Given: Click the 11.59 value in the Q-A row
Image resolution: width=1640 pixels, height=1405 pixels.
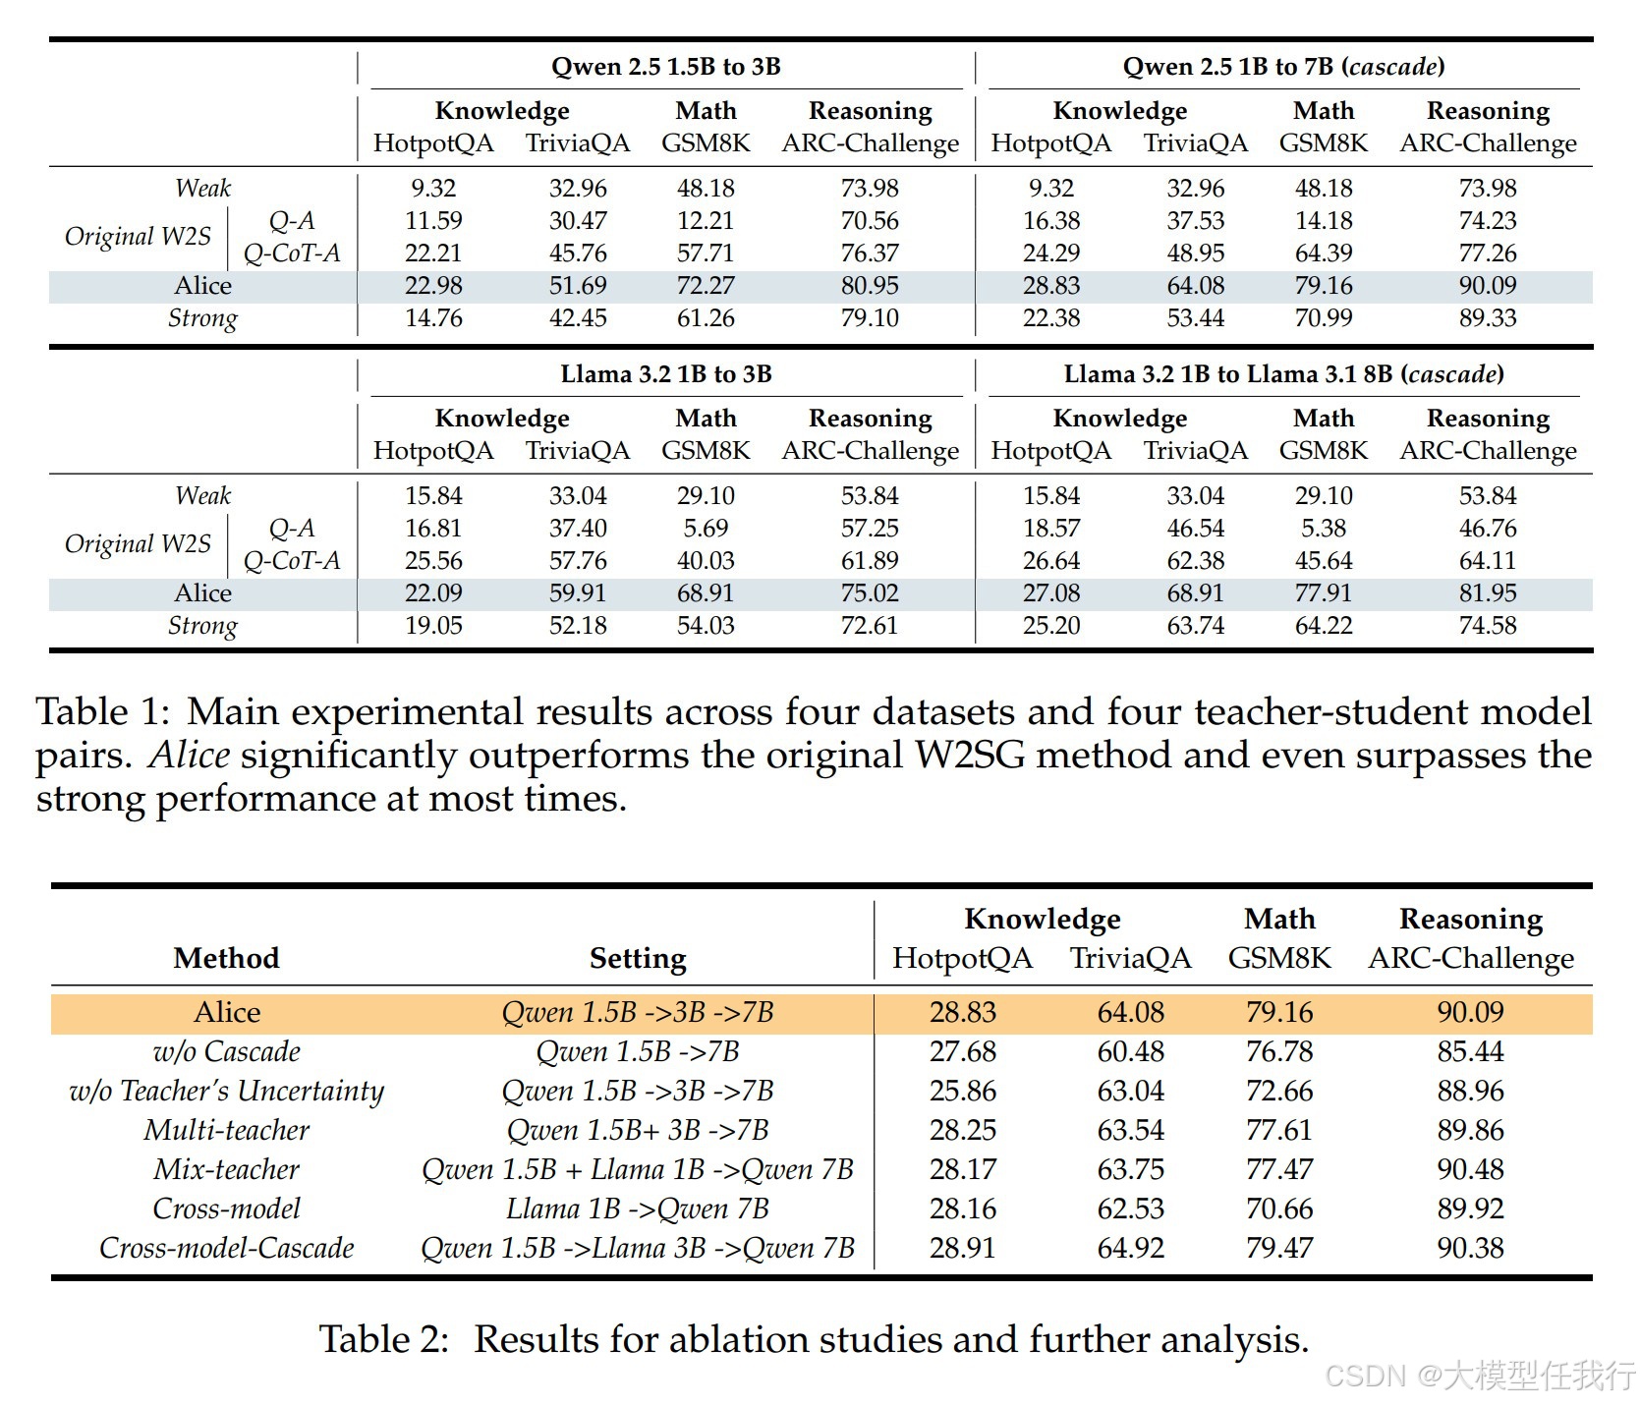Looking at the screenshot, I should (433, 221).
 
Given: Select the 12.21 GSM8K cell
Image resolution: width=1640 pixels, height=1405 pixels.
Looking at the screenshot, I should (706, 221).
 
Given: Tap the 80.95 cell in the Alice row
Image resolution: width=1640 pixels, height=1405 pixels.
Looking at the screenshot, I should (870, 286).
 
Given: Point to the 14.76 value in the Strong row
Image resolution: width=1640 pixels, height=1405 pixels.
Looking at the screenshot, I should (433, 318).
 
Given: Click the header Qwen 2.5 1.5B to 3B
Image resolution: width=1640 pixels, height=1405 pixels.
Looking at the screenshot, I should (665, 67).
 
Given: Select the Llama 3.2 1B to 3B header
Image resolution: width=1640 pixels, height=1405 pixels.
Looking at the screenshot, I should (665, 374).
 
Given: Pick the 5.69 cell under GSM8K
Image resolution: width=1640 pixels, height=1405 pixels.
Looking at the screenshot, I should (706, 529).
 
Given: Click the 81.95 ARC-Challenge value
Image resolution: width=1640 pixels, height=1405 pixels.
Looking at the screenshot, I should (1488, 593).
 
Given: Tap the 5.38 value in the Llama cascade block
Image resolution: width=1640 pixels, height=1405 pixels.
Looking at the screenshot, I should (1323, 529).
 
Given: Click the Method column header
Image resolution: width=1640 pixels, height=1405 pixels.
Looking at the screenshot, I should (226, 958).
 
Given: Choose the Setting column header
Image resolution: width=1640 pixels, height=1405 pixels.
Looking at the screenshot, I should (638, 958).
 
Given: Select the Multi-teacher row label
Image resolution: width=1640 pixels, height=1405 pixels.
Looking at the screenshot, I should (226, 1130).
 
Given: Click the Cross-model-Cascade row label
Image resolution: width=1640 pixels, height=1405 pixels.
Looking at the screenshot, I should (226, 1248).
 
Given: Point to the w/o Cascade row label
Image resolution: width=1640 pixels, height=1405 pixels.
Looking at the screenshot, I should (226, 1051).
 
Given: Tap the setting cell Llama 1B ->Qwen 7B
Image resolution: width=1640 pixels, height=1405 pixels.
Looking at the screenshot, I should (638, 1208).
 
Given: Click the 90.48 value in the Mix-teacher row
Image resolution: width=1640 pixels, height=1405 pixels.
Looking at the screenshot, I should (1470, 1169).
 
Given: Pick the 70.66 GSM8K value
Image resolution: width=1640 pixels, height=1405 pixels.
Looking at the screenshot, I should (1279, 1208).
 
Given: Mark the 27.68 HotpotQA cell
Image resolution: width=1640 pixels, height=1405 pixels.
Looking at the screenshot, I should (963, 1051).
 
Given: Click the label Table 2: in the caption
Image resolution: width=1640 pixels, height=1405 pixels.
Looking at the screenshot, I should (383, 1340).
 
